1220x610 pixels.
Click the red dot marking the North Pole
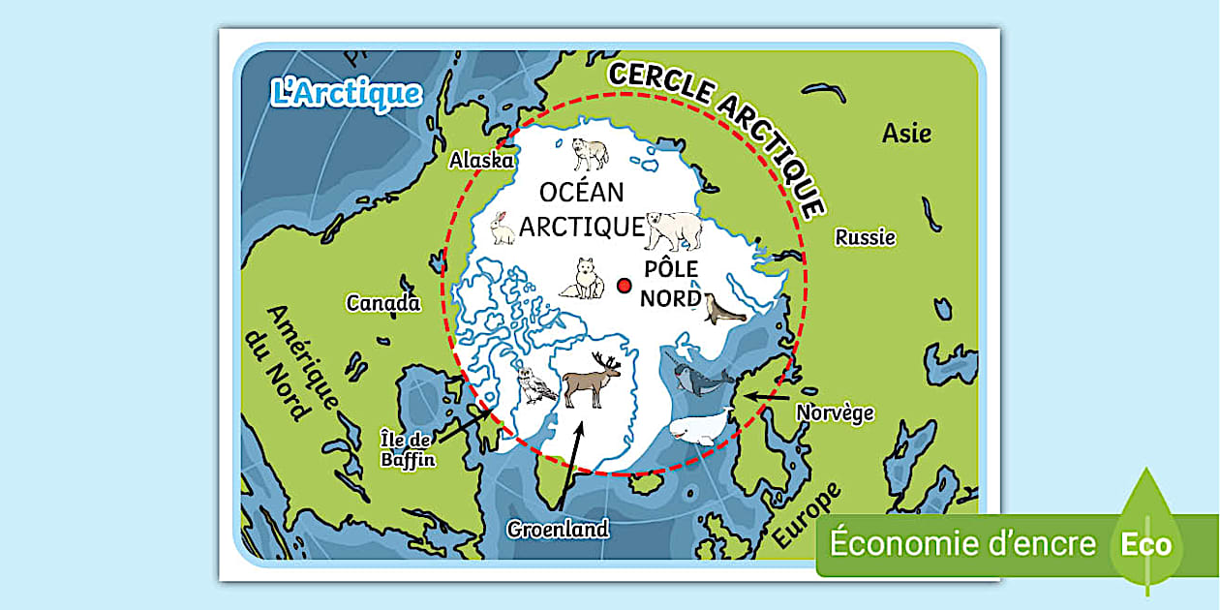[x=625, y=285]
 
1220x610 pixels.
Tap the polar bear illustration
[x=675, y=230]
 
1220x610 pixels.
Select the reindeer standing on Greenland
[x=592, y=380]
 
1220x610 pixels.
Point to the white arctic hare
[x=502, y=229]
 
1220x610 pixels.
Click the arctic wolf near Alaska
[x=590, y=152]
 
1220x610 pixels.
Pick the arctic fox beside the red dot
[x=583, y=279]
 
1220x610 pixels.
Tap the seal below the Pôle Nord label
[x=723, y=310]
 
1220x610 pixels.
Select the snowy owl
[x=536, y=384]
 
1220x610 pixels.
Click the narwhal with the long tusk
[x=699, y=379]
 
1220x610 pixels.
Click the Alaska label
[x=481, y=161]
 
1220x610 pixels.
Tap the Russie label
[x=866, y=237]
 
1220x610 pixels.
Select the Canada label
[x=383, y=303]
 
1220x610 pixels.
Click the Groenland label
[x=559, y=530]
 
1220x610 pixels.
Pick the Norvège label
[x=835, y=413]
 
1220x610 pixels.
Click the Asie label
[x=906, y=134]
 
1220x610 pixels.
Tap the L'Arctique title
[x=347, y=94]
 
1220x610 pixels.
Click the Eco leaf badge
[x=1147, y=543]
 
